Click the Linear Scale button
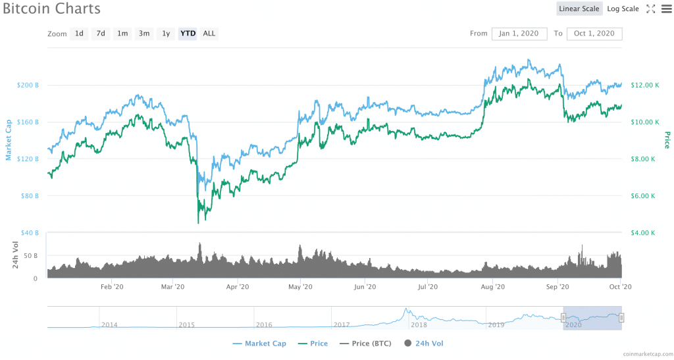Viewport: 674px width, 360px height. point(579,9)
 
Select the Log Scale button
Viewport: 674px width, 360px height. point(623,9)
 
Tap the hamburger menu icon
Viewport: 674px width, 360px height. point(665,9)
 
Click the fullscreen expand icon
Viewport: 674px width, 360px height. point(650,9)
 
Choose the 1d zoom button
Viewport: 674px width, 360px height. point(79,33)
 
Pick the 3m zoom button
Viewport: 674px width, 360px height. point(143,33)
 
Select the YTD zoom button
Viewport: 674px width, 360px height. point(188,33)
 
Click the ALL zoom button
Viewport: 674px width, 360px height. point(209,33)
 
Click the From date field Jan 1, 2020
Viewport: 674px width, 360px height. point(520,34)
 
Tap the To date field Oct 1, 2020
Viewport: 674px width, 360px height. point(594,34)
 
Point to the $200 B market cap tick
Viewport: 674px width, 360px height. point(27,86)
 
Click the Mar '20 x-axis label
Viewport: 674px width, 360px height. point(172,287)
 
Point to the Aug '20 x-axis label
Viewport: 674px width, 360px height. point(493,287)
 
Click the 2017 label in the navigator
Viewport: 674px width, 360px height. point(342,324)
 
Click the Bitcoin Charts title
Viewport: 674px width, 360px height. point(51,9)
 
